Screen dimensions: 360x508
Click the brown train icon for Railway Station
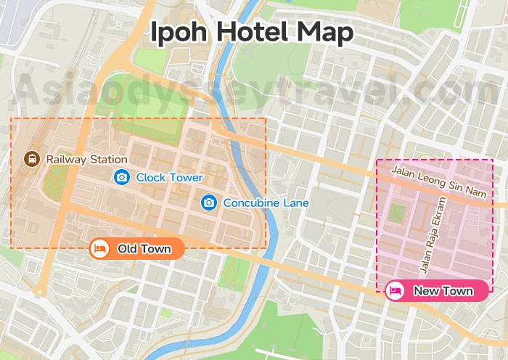click(32, 158)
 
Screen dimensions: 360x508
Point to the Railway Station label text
click(86, 159)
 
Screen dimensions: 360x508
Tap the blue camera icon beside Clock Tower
click(122, 177)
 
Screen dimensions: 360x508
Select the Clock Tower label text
click(169, 177)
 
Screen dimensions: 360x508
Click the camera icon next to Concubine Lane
click(209, 202)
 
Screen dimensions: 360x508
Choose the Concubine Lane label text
click(266, 203)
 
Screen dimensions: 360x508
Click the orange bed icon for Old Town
click(100, 249)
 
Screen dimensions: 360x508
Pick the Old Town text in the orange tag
click(144, 249)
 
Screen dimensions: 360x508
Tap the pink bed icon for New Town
click(395, 291)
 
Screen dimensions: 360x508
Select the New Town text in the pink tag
click(443, 291)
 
